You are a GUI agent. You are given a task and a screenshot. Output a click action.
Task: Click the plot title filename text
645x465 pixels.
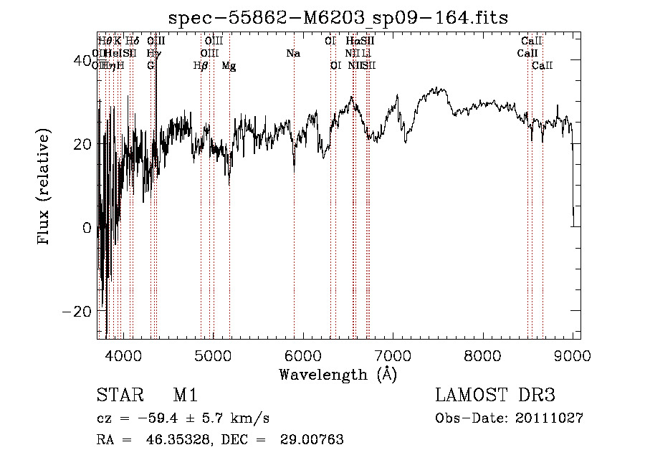(x=339, y=17)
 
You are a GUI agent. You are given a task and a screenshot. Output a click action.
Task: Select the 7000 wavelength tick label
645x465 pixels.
(x=393, y=355)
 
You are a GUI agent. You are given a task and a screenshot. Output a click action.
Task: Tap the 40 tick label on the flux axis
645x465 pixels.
(x=84, y=61)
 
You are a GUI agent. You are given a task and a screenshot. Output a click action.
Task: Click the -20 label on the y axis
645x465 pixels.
(x=79, y=312)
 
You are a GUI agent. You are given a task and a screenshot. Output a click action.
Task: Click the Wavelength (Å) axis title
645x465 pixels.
(x=338, y=374)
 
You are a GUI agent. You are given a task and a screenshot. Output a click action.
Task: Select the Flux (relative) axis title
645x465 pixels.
(x=45, y=188)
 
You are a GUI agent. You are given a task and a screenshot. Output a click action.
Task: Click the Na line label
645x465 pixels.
(x=292, y=54)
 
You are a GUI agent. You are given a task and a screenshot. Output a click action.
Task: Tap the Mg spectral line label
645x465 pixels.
(x=229, y=66)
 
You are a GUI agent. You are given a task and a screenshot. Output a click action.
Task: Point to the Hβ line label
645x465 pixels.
(x=201, y=66)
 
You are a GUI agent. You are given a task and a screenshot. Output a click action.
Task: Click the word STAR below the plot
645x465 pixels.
(x=115, y=396)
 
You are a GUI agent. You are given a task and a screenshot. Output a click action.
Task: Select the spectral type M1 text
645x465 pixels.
(x=185, y=396)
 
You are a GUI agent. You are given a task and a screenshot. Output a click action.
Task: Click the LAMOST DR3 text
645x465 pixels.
(x=495, y=396)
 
